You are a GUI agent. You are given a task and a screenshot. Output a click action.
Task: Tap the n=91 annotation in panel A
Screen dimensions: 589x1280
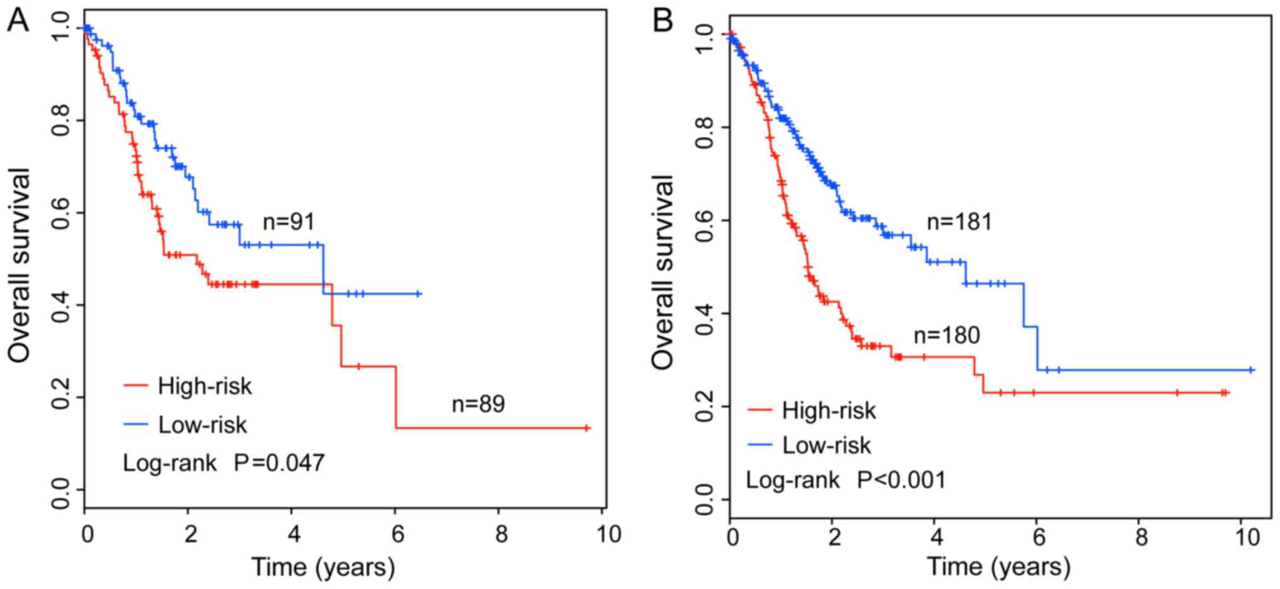tap(289, 222)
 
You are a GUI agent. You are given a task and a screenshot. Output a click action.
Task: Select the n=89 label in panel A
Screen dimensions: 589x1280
tap(478, 404)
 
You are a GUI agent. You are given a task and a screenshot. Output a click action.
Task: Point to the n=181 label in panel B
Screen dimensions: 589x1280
tap(959, 222)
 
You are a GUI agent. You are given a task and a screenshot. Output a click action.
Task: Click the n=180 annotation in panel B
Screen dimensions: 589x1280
tap(947, 335)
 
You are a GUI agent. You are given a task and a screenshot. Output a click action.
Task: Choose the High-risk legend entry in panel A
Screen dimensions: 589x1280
tap(204, 386)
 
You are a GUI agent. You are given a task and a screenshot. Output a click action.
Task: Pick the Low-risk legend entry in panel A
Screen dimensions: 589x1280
tap(202, 425)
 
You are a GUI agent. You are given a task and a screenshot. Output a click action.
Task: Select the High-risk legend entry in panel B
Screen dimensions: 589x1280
tap(828, 411)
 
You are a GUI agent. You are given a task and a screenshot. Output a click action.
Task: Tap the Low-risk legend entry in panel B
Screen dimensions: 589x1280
tap(826, 446)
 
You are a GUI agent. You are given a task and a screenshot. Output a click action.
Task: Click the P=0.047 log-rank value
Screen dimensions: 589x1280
tap(279, 463)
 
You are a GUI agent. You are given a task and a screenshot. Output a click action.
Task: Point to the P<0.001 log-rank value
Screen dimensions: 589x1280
tap(901, 481)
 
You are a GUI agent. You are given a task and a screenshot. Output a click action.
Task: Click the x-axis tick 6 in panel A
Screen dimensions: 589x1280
tap(397, 535)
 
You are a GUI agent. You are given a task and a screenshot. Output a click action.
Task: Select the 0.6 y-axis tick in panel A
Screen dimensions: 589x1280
tap(61, 213)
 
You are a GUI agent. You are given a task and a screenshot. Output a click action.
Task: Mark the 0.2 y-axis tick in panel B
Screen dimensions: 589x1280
tap(705, 407)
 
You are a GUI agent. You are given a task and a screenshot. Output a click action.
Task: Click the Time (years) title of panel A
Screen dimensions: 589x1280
tap(323, 567)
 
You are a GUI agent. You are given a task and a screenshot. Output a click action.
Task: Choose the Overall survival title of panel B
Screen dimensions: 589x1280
tap(662, 272)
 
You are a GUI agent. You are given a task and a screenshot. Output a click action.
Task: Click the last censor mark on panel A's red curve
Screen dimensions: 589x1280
tap(587, 428)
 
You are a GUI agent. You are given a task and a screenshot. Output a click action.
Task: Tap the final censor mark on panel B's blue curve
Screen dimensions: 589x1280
tap(1251, 370)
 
